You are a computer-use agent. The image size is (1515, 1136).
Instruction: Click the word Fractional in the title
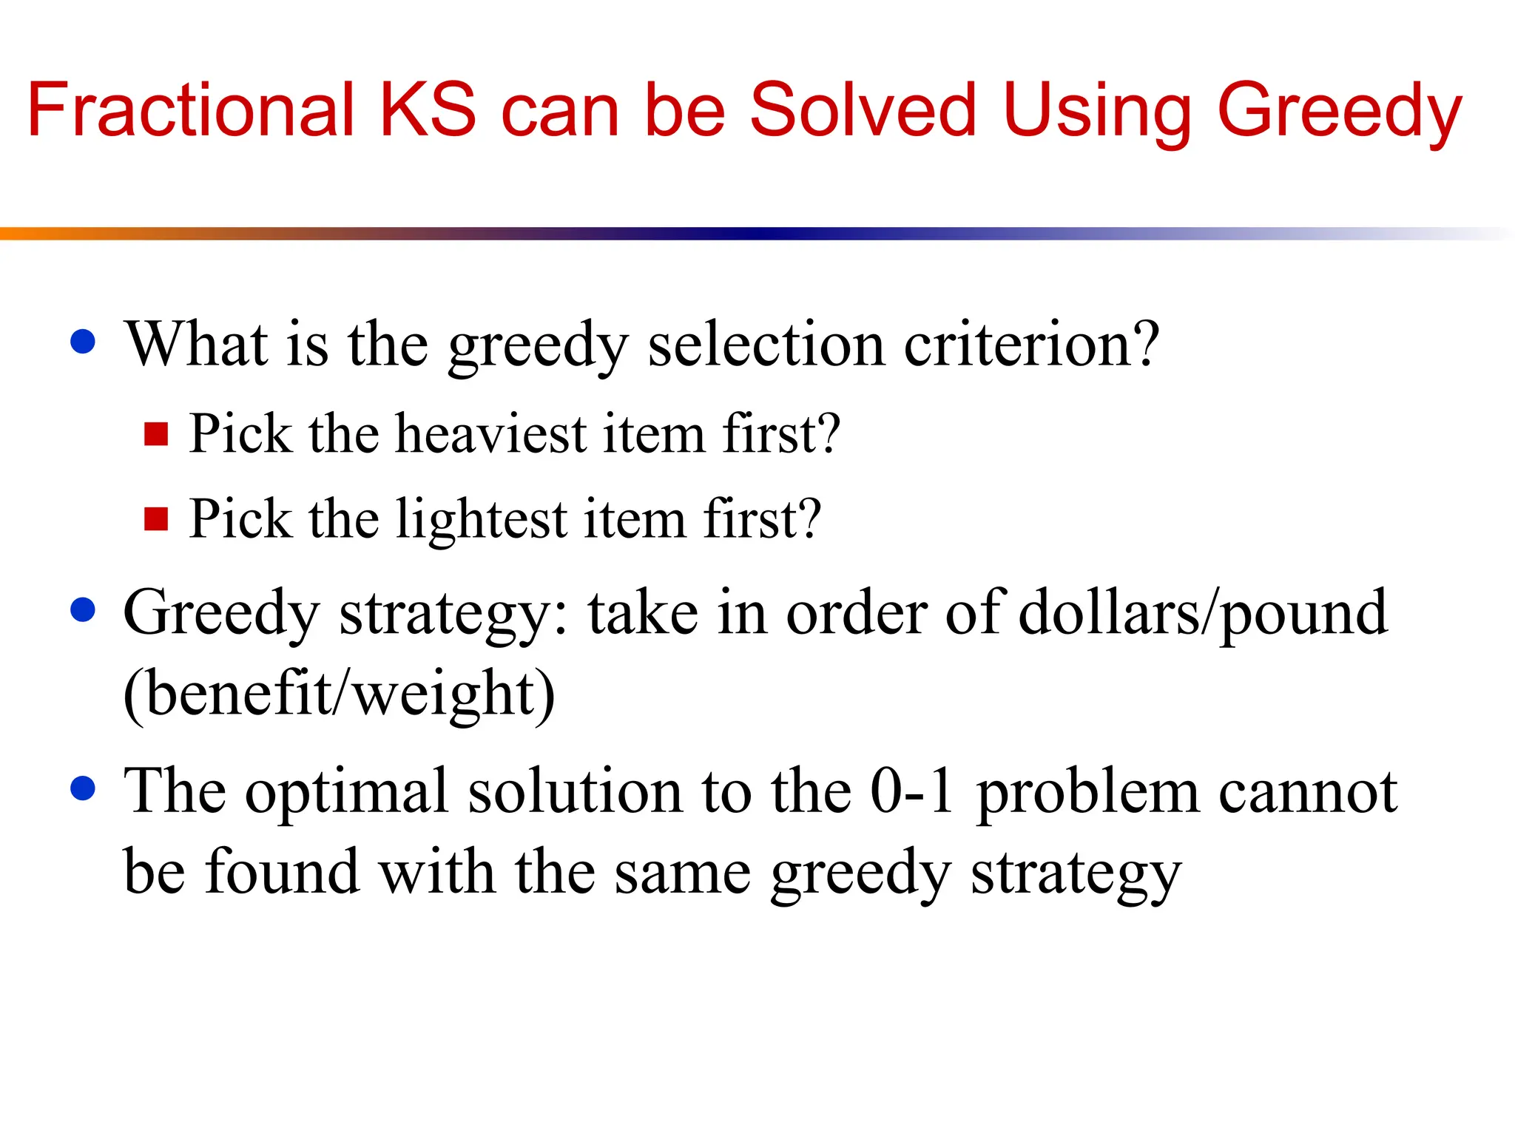pyautogui.click(x=191, y=111)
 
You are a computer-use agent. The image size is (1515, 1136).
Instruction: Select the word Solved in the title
pyautogui.click(x=863, y=111)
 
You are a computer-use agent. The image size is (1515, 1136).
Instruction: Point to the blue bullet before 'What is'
pyautogui.click(x=83, y=342)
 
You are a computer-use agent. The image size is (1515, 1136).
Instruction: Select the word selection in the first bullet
pyautogui.click(x=766, y=345)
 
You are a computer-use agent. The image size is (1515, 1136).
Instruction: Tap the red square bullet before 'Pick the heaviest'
pyautogui.click(x=156, y=434)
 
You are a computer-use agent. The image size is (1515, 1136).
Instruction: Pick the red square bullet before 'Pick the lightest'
pyautogui.click(x=156, y=519)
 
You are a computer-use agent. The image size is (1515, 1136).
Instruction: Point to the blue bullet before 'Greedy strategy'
pyautogui.click(x=83, y=610)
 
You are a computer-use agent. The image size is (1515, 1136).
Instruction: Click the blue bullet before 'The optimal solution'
pyautogui.click(x=83, y=788)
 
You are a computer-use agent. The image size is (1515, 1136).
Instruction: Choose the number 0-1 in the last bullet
pyautogui.click(x=911, y=791)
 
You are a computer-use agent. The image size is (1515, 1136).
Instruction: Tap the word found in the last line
pyautogui.click(x=282, y=873)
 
